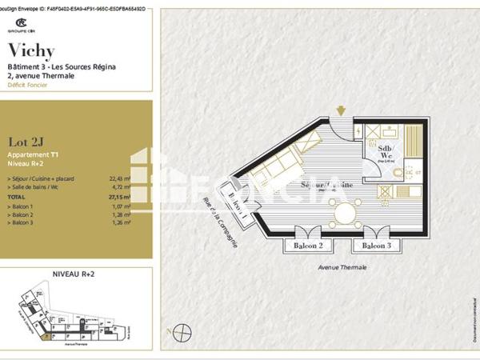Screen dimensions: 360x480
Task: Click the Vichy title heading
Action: point(30,51)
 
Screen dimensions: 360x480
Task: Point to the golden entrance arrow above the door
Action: point(342,110)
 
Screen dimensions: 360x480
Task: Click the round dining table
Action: point(346,214)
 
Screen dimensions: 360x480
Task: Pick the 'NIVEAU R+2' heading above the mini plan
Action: point(74,274)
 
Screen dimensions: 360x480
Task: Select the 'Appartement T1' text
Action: point(32,154)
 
